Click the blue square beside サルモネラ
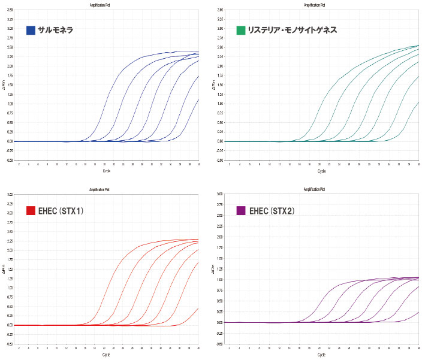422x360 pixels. coord(31,30)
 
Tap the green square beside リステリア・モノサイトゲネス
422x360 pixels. coord(241,30)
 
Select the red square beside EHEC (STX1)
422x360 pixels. coord(31,210)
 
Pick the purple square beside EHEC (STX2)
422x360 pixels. coord(241,210)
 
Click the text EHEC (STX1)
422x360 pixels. coord(62,210)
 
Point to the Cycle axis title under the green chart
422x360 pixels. coord(322,171)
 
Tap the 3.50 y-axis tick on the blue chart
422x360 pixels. coord(9,10)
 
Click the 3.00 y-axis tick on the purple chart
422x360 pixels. coord(220,194)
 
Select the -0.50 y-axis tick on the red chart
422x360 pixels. coord(9,344)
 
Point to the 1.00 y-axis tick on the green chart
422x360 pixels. coord(221,104)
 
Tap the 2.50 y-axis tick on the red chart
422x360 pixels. coord(9,231)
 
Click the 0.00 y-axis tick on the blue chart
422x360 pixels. coord(9,141)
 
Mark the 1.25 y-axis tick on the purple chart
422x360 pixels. coord(220,269)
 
